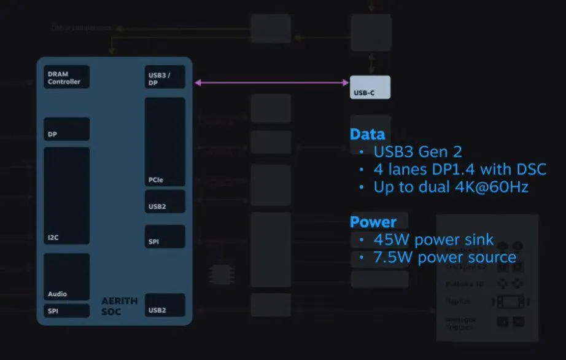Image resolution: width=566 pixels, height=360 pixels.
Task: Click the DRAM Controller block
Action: tap(66, 77)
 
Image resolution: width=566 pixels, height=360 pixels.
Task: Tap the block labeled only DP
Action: tap(66, 129)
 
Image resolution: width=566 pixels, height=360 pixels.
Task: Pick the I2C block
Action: tap(66, 196)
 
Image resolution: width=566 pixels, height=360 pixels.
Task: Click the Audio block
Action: tap(66, 276)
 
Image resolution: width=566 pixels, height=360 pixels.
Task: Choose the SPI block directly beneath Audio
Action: tap(66, 310)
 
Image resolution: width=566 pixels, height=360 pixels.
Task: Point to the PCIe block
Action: tap(165, 141)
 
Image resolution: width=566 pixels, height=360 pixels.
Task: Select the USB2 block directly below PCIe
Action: tap(165, 202)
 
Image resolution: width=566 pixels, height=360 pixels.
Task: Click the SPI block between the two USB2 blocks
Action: tap(165, 237)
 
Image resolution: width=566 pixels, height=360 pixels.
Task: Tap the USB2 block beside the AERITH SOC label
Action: tap(165, 305)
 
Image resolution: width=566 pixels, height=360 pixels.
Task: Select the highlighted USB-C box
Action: tap(370, 87)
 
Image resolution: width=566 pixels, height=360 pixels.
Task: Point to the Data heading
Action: tap(367, 135)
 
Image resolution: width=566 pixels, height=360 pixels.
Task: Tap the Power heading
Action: tap(373, 222)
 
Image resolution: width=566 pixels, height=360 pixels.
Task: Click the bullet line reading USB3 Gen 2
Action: tap(417, 152)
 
